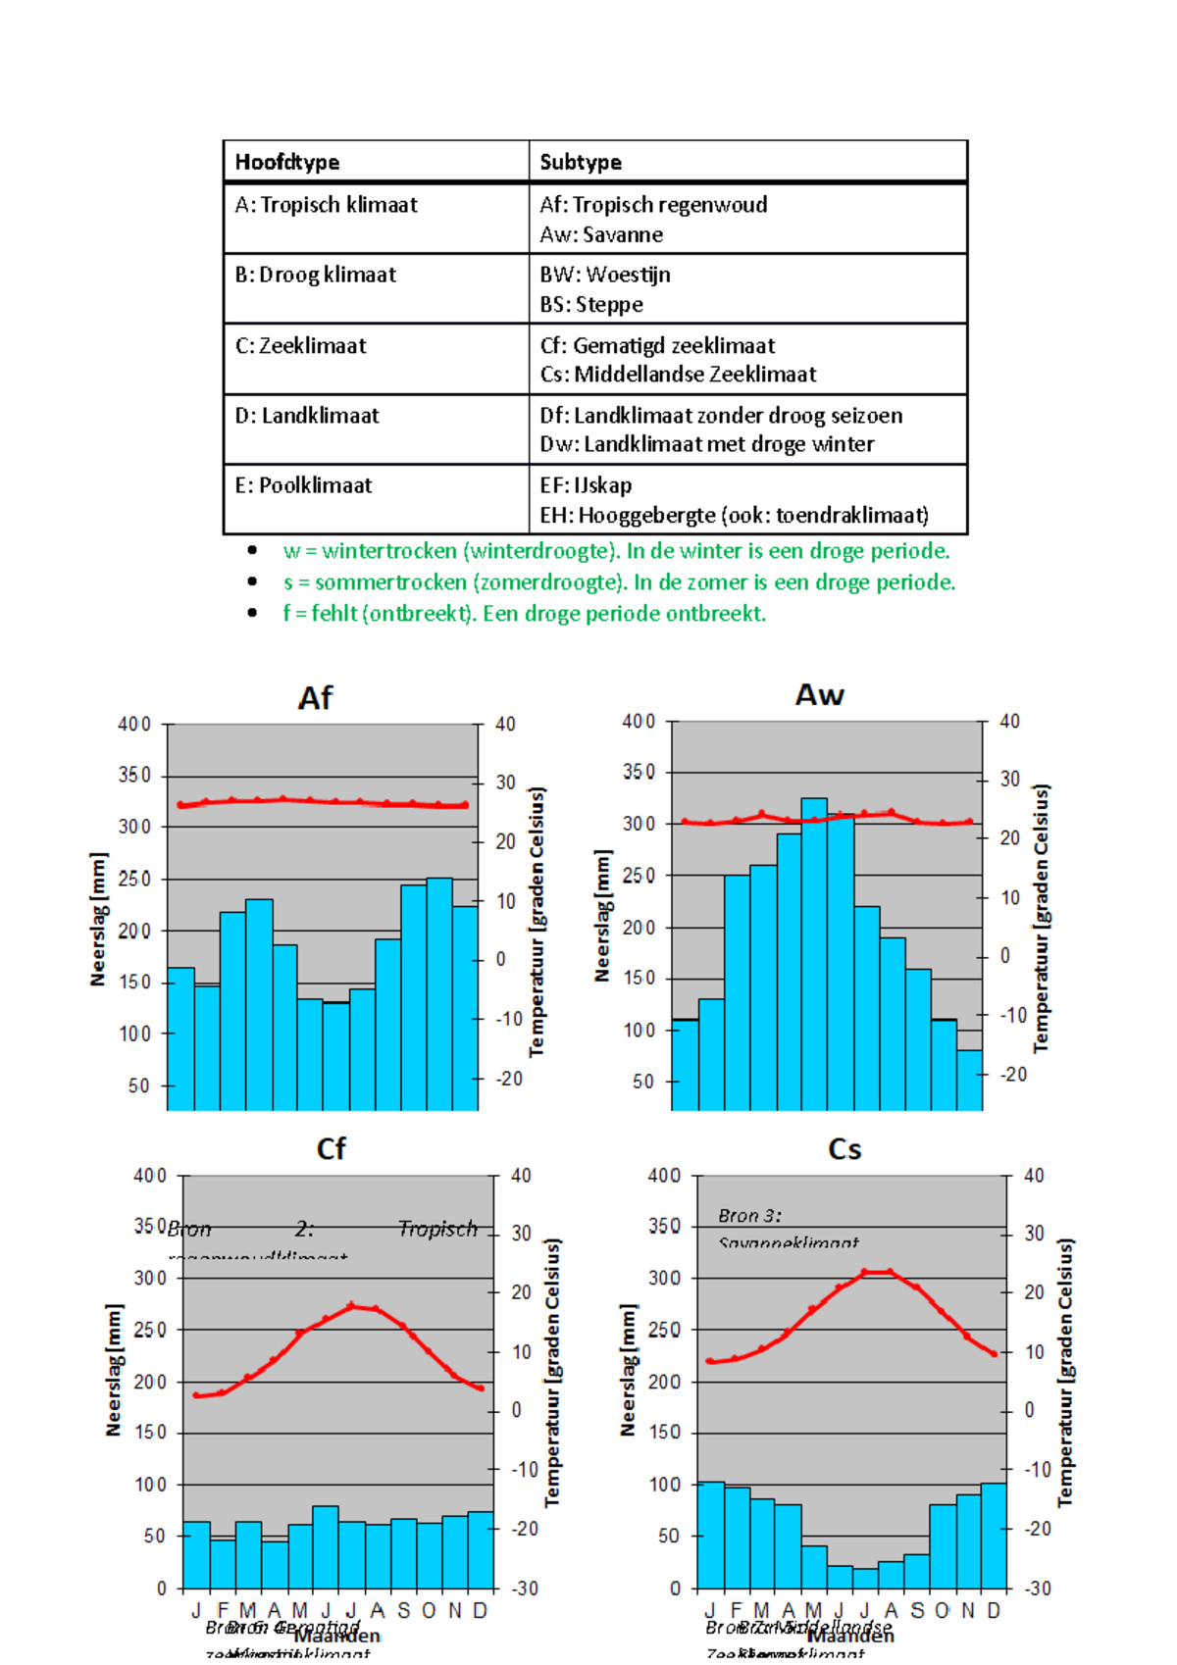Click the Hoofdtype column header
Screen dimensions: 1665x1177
pyautogui.click(x=287, y=162)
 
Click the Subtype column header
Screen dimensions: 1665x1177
pyautogui.click(x=581, y=162)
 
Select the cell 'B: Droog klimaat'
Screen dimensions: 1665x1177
pyautogui.click(x=316, y=275)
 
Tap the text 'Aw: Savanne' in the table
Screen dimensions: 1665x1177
pyautogui.click(x=601, y=235)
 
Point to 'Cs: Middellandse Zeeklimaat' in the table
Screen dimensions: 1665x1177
pyautogui.click(x=678, y=375)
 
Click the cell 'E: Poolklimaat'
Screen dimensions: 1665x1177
pyautogui.click(x=304, y=485)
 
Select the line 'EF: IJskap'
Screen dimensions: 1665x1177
pyautogui.click(x=586, y=485)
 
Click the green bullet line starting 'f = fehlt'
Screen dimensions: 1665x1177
pyautogui.click(x=524, y=614)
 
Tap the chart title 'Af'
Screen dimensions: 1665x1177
pyautogui.click(x=315, y=698)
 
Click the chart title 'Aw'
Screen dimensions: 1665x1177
pyautogui.click(x=819, y=695)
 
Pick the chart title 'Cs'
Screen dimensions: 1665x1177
pyautogui.click(x=844, y=1148)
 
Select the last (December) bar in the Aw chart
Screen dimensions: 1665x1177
pyautogui.click(x=969, y=1080)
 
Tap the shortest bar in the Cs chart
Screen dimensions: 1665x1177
pyautogui.click(x=865, y=1578)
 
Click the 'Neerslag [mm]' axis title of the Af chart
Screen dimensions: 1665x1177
pyautogui.click(x=98, y=919)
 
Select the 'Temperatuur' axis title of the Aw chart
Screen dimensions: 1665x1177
pyautogui.click(x=1042, y=918)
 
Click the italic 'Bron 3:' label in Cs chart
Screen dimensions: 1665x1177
pyautogui.click(x=749, y=1216)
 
